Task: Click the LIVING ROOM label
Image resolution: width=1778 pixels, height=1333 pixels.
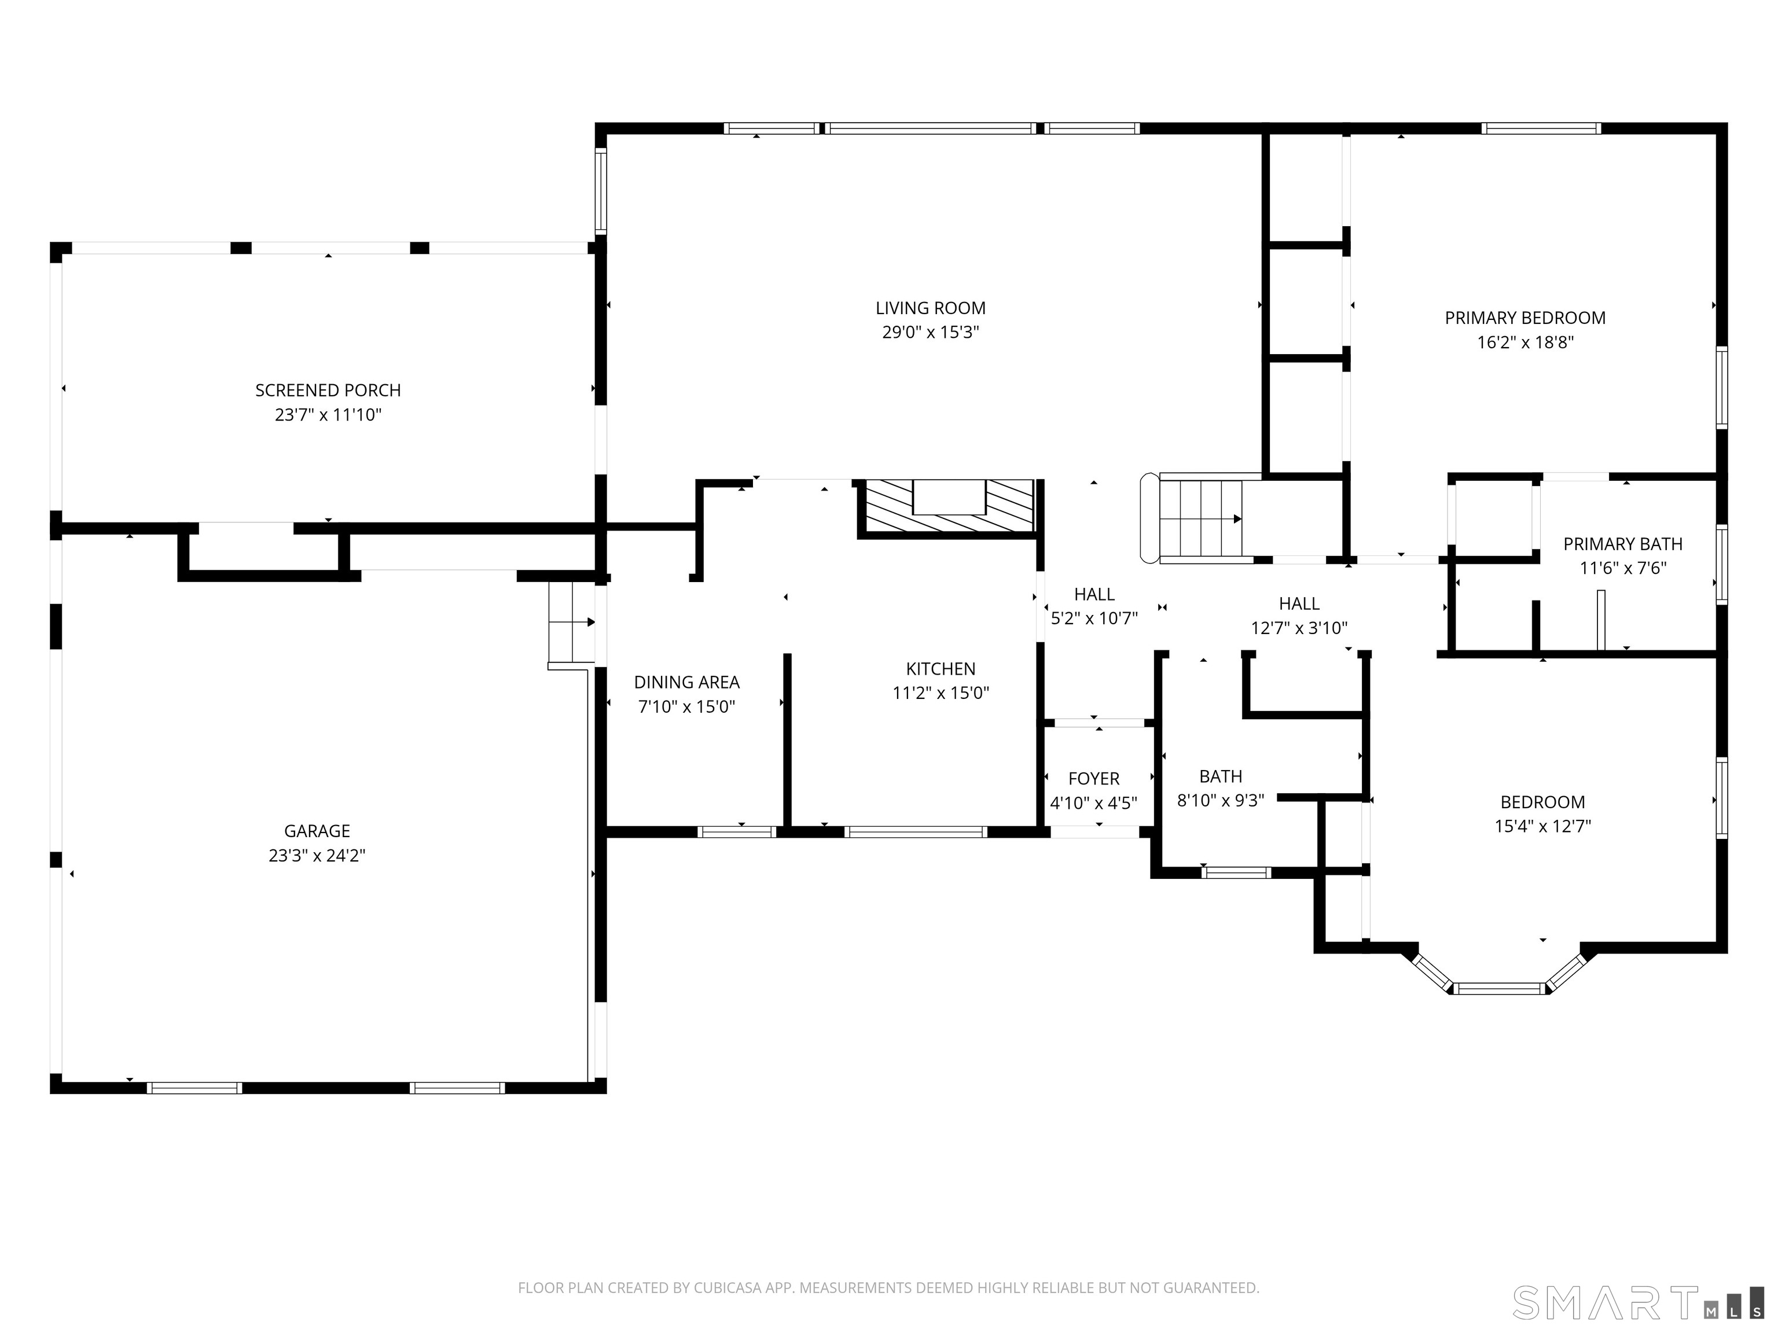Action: tap(930, 308)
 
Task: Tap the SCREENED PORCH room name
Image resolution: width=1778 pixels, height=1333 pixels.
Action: tap(328, 391)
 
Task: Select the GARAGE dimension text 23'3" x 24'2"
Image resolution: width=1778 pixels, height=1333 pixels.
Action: tap(317, 856)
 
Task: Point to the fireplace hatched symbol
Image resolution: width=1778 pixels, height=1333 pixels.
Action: tap(949, 506)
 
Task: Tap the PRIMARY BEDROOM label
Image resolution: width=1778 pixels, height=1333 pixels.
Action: tap(1525, 318)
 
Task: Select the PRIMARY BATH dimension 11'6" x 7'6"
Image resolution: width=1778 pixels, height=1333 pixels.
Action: tap(1623, 568)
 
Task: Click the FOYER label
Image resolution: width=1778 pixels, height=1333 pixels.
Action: tap(1093, 779)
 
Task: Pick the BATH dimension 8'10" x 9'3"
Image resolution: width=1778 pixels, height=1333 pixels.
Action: tap(1220, 800)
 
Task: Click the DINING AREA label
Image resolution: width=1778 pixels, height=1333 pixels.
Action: tap(686, 682)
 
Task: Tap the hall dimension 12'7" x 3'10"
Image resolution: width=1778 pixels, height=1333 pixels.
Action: tap(1299, 628)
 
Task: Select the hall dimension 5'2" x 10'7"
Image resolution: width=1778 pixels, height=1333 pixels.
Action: tap(1094, 618)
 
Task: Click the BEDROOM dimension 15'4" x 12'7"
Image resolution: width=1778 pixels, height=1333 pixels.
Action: tap(1542, 826)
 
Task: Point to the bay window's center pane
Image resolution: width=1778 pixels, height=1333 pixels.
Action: tap(1500, 988)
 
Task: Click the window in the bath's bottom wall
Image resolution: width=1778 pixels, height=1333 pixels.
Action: tap(1236, 872)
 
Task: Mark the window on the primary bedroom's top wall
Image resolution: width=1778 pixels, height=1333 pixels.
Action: tap(1541, 128)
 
